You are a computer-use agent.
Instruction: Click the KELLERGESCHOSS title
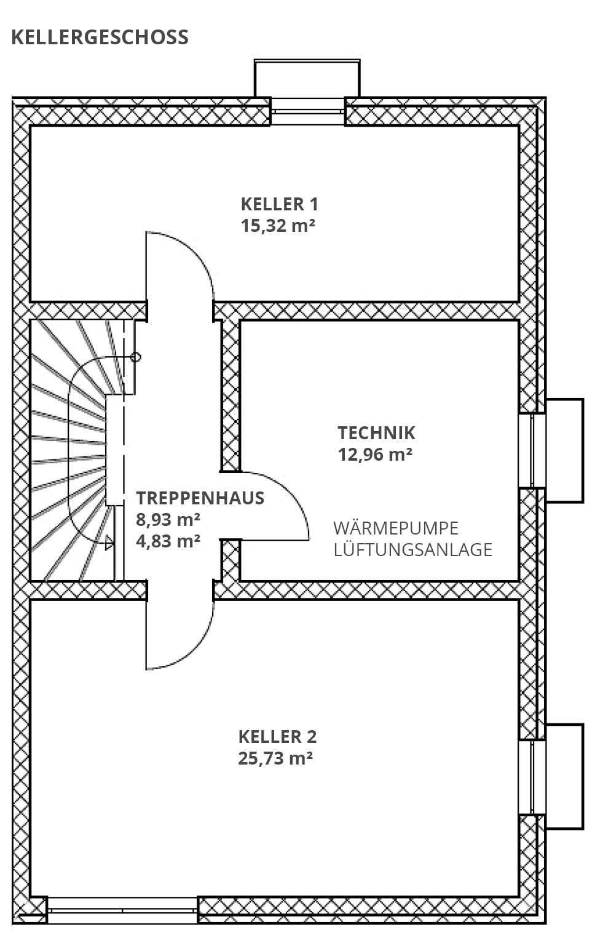[x=100, y=37]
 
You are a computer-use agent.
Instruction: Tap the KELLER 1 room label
[x=279, y=204]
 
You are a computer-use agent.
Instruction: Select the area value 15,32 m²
[x=278, y=225]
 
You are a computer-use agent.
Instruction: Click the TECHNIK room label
[x=376, y=432]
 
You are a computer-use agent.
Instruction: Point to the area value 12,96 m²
[x=374, y=455]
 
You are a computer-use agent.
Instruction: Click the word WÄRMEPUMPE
[x=396, y=528]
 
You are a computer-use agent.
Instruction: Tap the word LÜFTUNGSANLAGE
[x=412, y=549]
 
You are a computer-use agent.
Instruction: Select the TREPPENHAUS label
[x=200, y=498]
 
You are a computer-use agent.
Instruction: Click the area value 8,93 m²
[x=168, y=520]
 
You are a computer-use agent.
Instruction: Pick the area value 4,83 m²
[x=168, y=541]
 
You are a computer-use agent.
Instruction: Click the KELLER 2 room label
[x=277, y=736]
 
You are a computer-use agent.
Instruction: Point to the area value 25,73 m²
[x=275, y=758]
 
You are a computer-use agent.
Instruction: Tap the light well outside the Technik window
[x=564, y=450]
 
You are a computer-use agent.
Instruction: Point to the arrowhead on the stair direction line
[x=109, y=543]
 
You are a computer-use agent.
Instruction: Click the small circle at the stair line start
[x=136, y=357]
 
